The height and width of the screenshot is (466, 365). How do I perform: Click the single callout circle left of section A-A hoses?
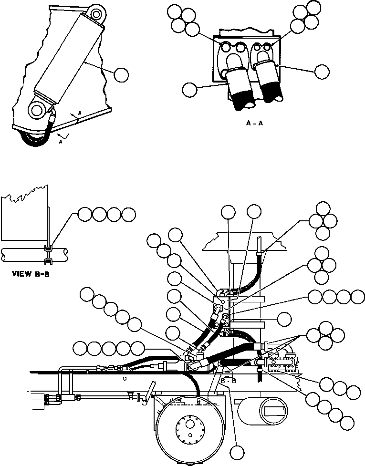190,89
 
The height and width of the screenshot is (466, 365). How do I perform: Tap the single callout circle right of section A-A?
322,72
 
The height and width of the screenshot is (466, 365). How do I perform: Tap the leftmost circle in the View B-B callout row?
85,214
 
